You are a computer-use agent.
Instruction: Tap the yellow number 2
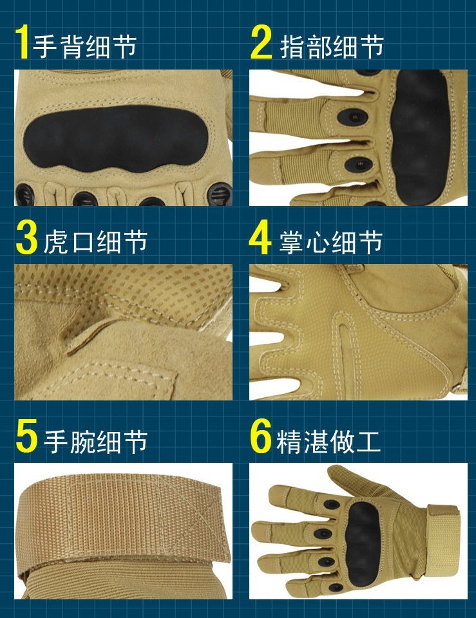click(x=262, y=44)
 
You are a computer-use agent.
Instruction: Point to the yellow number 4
click(x=260, y=238)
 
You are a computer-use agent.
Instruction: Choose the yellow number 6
click(x=261, y=437)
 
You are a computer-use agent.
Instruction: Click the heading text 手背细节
click(x=85, y=46)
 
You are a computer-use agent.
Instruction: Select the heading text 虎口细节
click(x=95, y=241)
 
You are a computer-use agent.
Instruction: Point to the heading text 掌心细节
click(x=331, y=241)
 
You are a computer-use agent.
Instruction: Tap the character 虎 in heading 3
click(x=57, y=241)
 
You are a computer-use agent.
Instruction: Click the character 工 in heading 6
click(x=368, y=440)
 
